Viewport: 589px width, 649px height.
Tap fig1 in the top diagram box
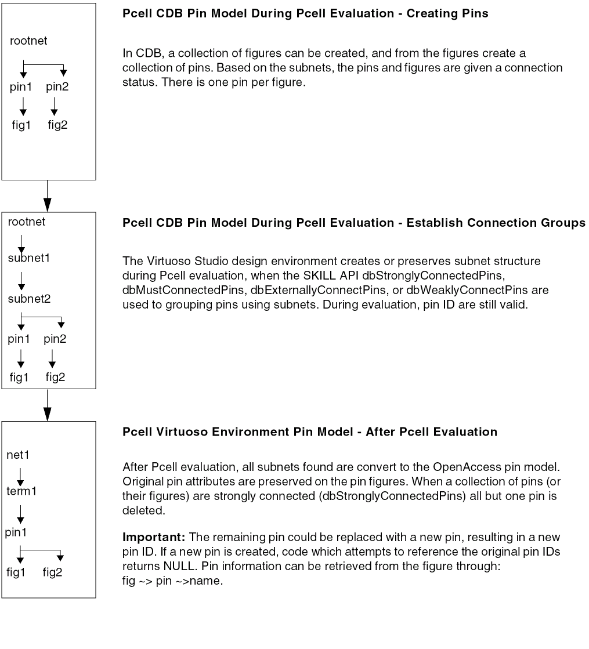click(21, 125)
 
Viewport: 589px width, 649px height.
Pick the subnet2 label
click(29, 299)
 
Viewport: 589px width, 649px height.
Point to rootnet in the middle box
click(27, 222)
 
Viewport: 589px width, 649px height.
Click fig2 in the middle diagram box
click(56, 377)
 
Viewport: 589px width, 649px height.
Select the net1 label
click(19, 455)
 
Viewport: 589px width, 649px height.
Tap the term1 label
click(22, 491)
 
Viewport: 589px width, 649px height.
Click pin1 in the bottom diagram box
click(17, 531)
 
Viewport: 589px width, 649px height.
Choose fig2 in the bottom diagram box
click(52, 572)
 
